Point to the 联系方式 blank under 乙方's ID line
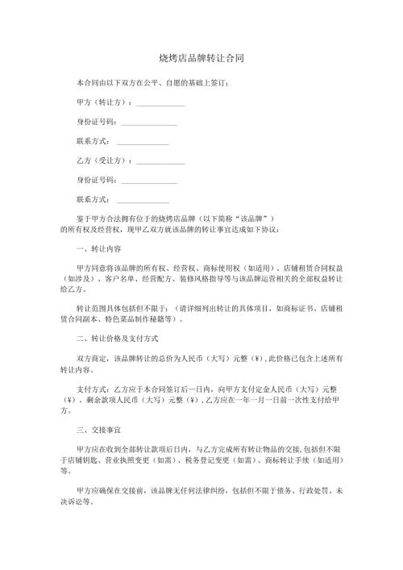[x=143, y=199]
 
